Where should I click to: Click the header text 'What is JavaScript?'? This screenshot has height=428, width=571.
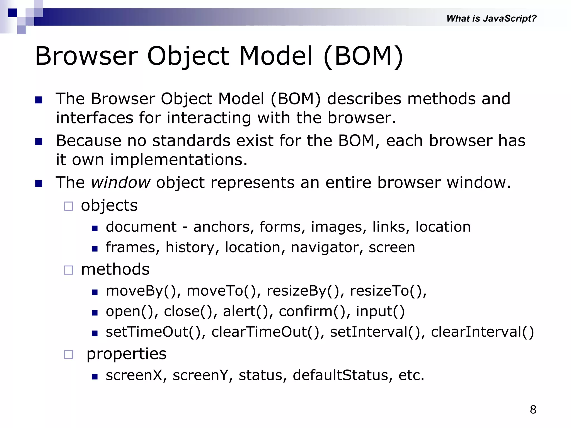[x=491, y=18]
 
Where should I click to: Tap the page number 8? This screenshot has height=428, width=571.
[x=533, y=410]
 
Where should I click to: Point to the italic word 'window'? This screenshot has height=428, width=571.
[x=120, y=183]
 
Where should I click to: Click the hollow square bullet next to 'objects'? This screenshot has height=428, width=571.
[x=68, y=206]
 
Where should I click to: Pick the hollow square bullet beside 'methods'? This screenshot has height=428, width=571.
[x=68, y=270]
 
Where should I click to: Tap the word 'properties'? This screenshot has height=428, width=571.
[x=126, y=354]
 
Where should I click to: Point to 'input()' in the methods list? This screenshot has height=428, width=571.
[x=380, y=312]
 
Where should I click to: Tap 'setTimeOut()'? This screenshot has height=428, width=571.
[x=155, y=332]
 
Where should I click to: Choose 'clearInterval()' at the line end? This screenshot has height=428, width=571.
[x=482, y=332]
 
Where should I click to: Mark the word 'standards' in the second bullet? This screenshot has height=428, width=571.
[x=191, y=141]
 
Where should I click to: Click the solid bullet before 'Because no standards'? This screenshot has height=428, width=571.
[x=39, y=142]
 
